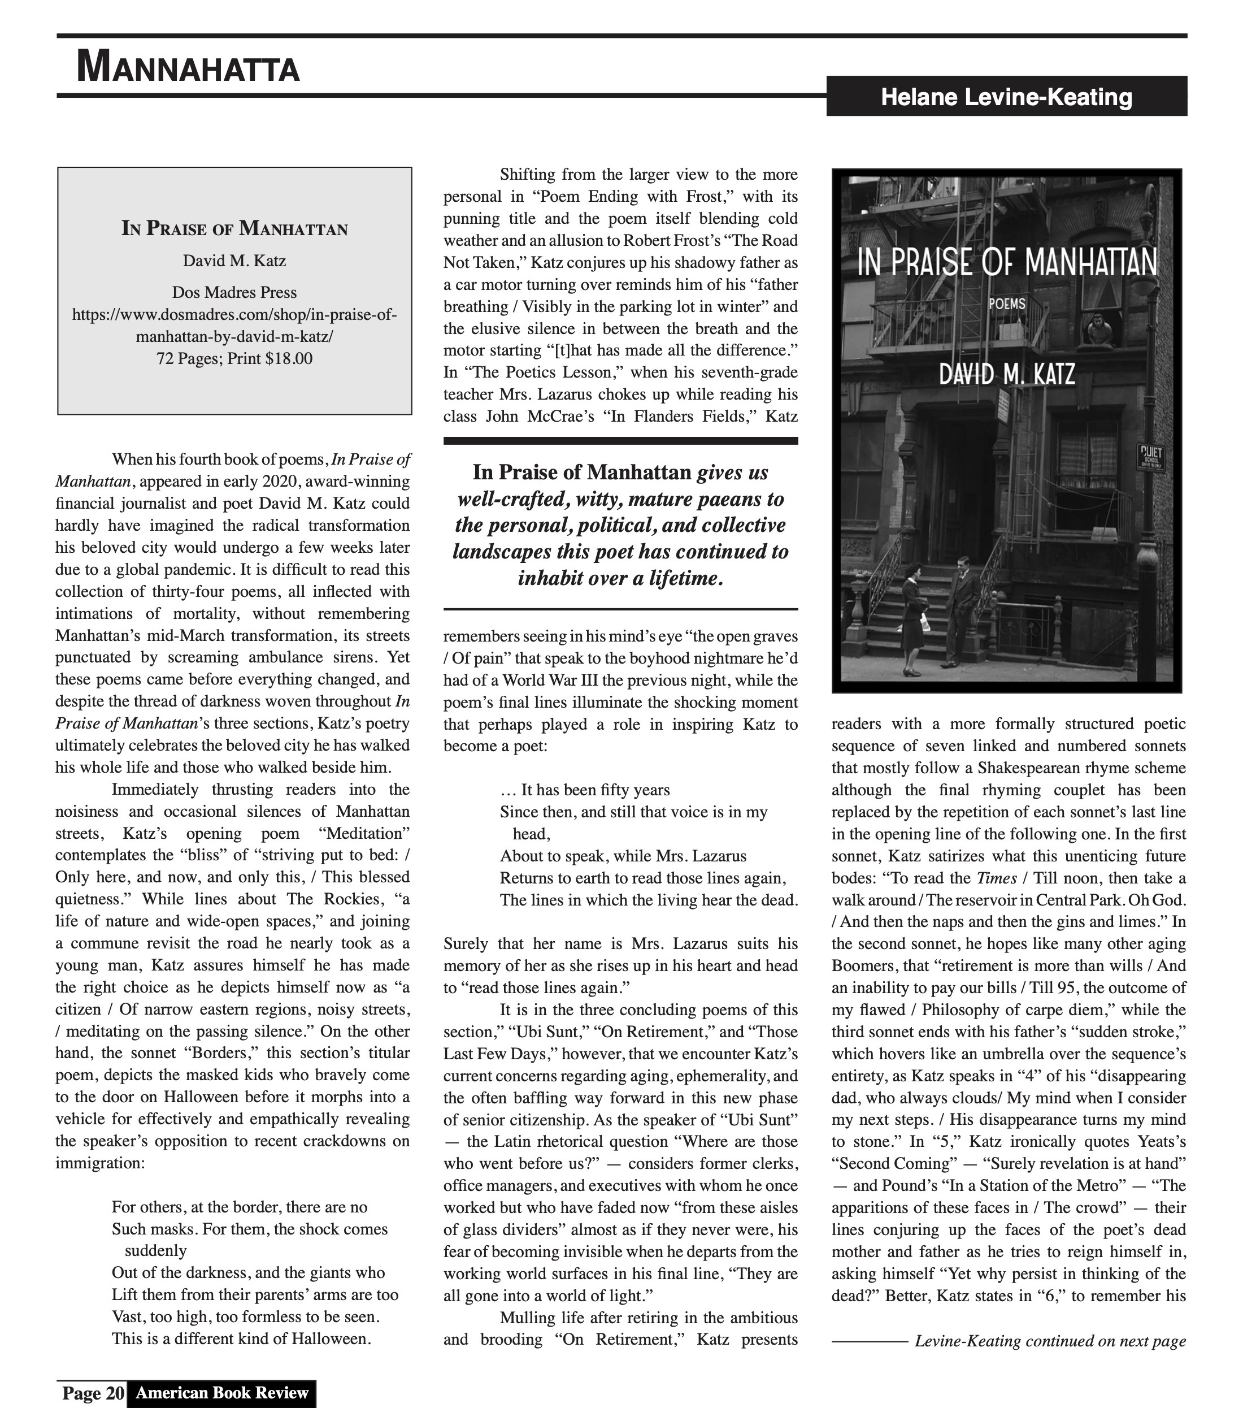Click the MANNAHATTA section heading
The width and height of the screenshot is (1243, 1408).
click(188, 67)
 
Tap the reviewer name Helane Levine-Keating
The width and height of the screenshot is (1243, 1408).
click(1006, 97)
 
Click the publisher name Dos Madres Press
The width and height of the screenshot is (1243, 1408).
click(234, 292)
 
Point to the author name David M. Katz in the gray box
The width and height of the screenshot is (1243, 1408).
click(234, 261)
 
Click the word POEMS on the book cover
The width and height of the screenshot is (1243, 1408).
click(1007, 303)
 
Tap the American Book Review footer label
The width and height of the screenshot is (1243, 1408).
click(221, 1393)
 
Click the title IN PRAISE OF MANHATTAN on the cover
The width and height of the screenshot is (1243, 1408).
click(1007, 262)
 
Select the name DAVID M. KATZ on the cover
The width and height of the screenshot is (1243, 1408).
click(1007, 375)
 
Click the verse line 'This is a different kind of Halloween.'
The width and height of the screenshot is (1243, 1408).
click(241, 1339)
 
